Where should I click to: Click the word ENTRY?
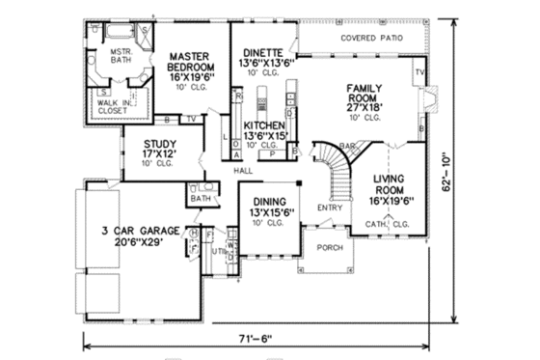click(329, 208)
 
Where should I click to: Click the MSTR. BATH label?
click(120, 59)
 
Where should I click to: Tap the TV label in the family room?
click(418, 72)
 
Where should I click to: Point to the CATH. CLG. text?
click(389, 224)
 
